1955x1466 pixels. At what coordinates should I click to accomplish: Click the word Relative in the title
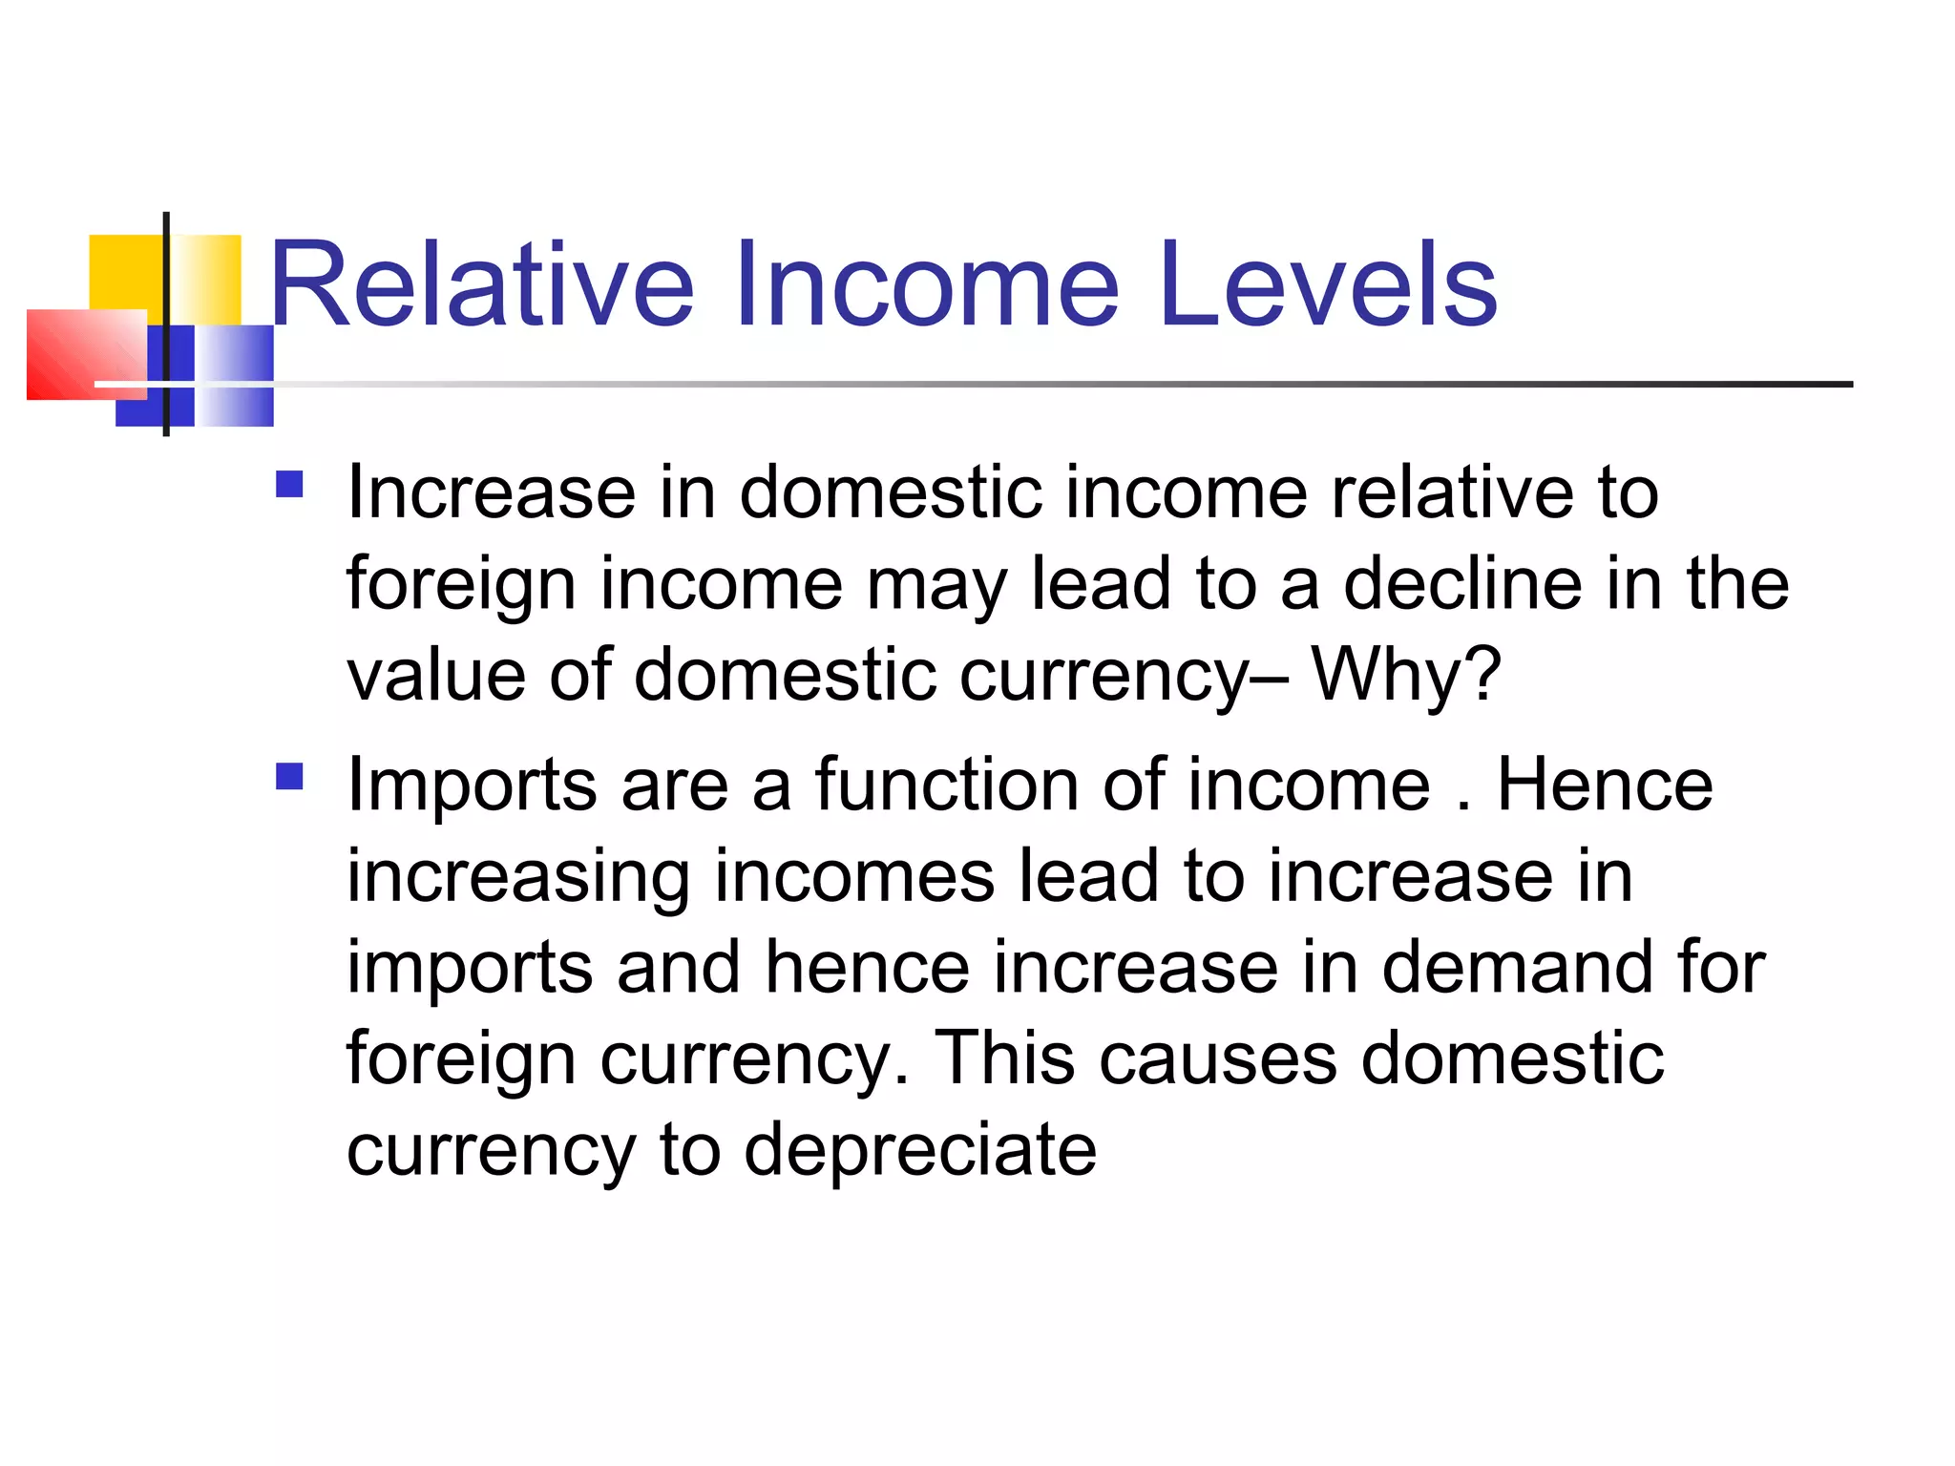pos(482,284)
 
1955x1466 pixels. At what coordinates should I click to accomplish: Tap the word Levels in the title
pos(1328,284)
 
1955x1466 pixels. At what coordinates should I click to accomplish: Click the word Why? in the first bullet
pos(1406,674)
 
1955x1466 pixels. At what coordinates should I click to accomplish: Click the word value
pos(435,674)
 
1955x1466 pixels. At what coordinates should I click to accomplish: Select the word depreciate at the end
pos(920,1150)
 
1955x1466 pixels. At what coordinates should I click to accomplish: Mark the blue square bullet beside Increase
pos(289,485)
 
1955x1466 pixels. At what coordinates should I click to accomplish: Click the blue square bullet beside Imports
pos(289,776)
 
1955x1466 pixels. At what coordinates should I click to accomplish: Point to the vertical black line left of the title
pos(167,325)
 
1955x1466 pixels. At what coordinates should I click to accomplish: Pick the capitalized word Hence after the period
pos(1605,785)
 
